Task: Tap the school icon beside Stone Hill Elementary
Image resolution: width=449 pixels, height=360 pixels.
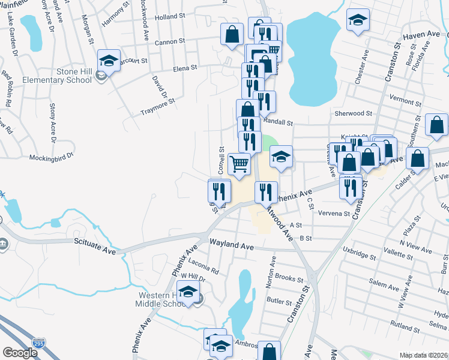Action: coord(108,60)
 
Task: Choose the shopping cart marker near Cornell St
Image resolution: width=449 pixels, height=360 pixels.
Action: coord(239,163)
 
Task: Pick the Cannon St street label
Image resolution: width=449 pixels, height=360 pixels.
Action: coord(168,43)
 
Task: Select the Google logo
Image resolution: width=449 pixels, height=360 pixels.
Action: coord(20,353)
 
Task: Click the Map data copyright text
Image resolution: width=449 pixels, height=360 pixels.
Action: coord(423,355)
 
